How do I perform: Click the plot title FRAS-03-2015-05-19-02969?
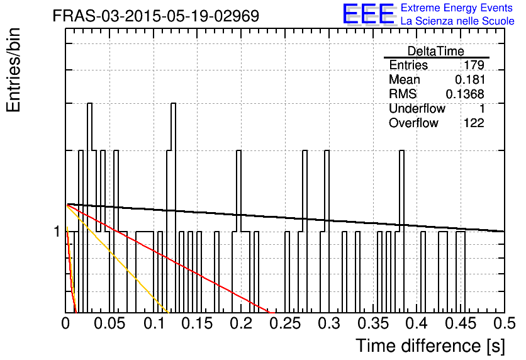pos(156,16)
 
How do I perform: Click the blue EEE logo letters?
pos(369,14)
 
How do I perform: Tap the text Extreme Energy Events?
pos(457,8)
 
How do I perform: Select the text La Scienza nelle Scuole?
pos(457,21)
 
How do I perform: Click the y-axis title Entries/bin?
pos(13,70)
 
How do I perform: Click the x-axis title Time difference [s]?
pos(430,346)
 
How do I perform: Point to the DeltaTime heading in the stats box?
pos(436,51)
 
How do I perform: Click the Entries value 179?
pos(474,65)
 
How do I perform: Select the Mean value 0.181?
pos(469,79)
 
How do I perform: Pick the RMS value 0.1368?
pos(465,94)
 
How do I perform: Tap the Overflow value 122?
pos(474,123)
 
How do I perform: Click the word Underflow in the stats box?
pos(417,108)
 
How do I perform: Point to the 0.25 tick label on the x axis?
pos(285,323)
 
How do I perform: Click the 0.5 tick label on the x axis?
pos(505,323)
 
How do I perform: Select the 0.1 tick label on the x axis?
pos(154,323)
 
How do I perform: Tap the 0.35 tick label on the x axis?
pos(373,323)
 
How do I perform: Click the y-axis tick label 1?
pos(57,232)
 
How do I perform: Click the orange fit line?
pos(117,258)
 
